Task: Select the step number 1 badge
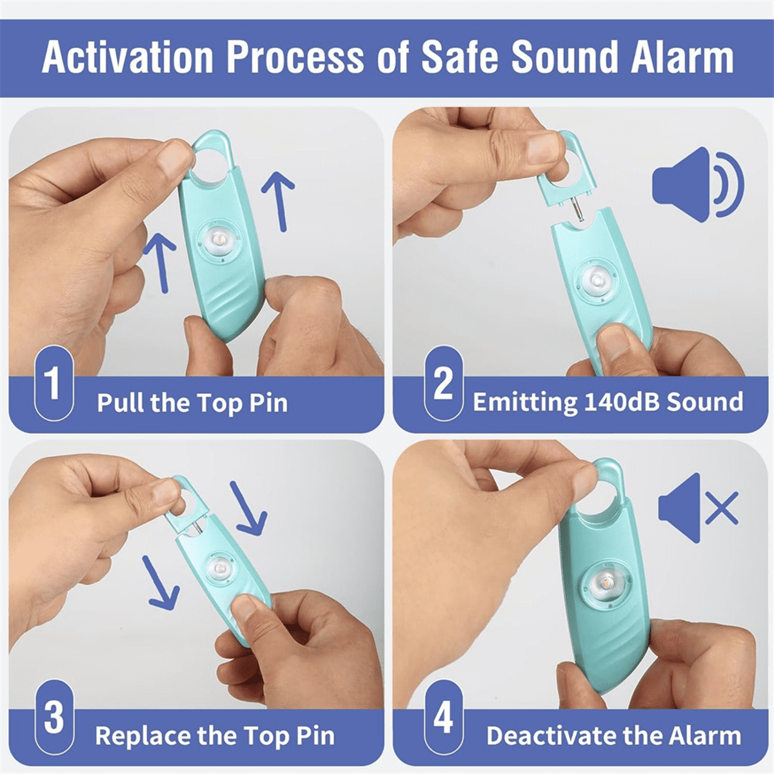[x=54, y=383]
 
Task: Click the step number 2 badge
[x=443, y=384]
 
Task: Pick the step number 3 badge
[x=54, y=717]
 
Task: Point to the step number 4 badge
[x=443, y=717]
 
